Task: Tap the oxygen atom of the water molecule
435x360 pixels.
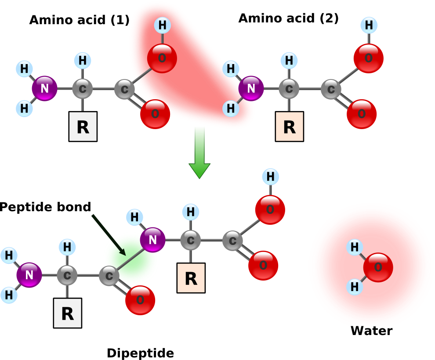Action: coord(378,267)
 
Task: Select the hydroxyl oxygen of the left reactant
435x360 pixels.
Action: coord(162,58)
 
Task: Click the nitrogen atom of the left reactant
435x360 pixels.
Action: coord(44,89)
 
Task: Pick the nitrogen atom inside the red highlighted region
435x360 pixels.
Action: coord(251,89)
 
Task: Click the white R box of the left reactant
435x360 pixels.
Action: coord(83,126)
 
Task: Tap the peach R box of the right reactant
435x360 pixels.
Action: coord(289,126)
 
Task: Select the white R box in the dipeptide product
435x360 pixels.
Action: coord(67,313)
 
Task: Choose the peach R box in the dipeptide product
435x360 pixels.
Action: coord(191,278)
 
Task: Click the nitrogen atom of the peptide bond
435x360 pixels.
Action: coord(152,240)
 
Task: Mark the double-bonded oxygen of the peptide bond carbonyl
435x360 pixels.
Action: coord(140,300)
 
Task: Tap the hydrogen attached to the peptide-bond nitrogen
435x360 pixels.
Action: coord(134,217)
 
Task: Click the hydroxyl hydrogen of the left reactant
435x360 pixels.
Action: coord(162,25)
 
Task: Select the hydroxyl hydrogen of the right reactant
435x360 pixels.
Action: coord(369,25)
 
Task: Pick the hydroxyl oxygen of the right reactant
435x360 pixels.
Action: coord(368,58)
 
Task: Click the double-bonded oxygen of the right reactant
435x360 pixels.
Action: coord(362,114)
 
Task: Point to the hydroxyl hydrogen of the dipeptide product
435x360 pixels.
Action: coord(270,177)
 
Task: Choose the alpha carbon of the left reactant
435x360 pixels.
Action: coord(82,89)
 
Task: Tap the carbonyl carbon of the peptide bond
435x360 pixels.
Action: coord(109,276)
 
